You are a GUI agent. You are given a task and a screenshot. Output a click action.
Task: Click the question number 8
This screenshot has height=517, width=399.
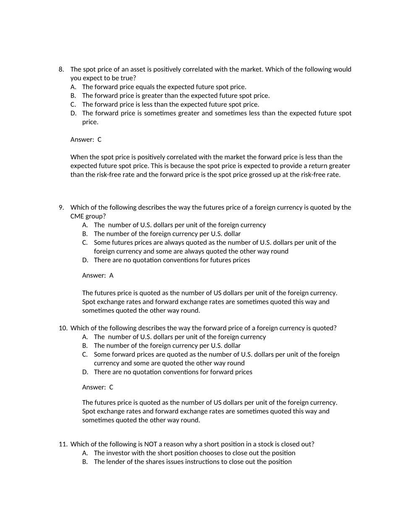tap(61, 69)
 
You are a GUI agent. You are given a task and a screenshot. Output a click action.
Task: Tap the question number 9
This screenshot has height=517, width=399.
tap(61, 207)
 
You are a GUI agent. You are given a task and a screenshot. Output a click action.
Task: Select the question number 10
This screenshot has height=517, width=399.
tap(63, 328)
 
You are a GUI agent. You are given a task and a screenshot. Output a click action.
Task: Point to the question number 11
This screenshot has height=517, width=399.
tap(63, 444)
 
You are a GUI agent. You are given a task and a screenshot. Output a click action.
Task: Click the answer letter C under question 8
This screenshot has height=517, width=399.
tap(100, 140)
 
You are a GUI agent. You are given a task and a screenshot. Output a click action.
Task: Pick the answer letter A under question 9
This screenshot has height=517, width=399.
tap(111, 276)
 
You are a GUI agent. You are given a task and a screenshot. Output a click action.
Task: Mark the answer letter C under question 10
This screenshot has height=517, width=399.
tap(111, 388)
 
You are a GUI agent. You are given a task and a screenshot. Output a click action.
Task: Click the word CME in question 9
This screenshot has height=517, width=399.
tap(78, 216)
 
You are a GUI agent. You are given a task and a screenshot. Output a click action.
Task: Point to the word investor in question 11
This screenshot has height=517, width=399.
tap(118, 453)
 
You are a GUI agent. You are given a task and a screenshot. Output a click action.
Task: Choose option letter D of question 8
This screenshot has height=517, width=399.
tap(73, 113)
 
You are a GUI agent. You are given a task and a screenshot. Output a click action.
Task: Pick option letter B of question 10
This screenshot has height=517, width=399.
tap(85, 346)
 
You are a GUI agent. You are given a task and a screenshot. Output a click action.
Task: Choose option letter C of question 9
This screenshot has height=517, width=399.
tap(85, 243)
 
